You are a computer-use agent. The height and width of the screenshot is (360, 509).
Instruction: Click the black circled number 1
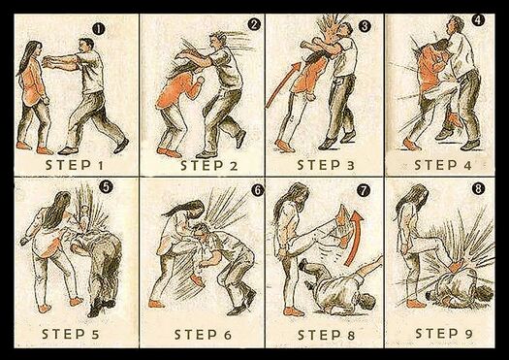(x=99, y=29)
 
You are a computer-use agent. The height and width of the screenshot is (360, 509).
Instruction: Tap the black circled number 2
(x=254, y=24)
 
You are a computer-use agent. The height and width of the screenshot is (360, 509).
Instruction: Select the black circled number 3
(x=365, y=26)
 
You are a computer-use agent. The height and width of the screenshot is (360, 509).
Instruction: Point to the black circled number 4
(x=478, y=20)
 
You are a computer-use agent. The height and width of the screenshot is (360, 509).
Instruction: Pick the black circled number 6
(x=258, y=190)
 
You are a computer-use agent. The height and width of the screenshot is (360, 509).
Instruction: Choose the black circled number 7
(x=364, y=191)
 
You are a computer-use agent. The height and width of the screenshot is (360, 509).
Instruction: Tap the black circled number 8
(x=479, y=189)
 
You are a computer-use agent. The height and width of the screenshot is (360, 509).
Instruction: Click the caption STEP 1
(x=75, y=165)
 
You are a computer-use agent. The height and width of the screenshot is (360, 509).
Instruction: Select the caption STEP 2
(x=209, y=166)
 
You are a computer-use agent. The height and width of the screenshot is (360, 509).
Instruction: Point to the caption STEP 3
(x=326, y=165)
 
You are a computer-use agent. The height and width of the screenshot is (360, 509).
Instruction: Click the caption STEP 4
(x=443, y=165)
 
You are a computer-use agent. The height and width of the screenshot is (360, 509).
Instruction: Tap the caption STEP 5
(x=71, y=334)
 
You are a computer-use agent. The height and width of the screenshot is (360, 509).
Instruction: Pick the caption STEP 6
(x=204, y=335)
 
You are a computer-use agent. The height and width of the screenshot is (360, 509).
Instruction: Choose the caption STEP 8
(x=326, y=335)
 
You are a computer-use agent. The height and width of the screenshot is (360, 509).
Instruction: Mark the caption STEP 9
(x=444, y=334)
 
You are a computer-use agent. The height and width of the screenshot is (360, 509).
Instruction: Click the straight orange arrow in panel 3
(x=283, y=84)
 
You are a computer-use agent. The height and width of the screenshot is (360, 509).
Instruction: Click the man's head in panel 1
(x=86, y=45)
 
